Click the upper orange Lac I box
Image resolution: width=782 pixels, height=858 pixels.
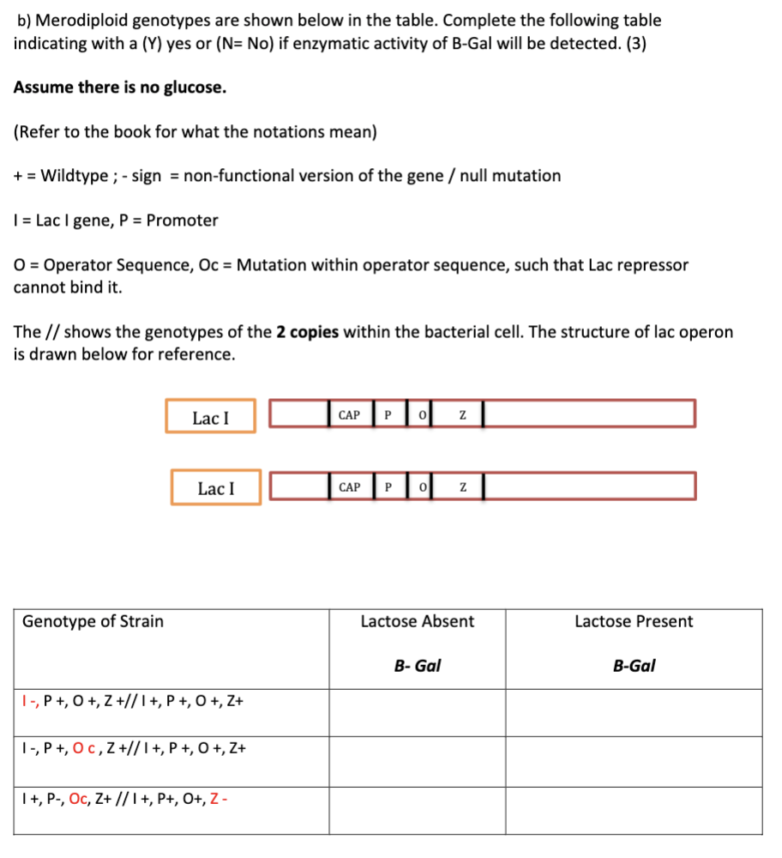[211, 417]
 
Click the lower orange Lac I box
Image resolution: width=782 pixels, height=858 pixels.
[215, 488]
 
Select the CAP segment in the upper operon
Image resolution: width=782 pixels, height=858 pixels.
[349, 415]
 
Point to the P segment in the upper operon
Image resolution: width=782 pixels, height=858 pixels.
[387, 415]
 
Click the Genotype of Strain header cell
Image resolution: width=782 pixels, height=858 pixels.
[93, 622]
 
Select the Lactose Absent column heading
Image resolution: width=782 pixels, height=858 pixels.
[417, 622]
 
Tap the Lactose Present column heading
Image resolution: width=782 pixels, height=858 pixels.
[634, 622]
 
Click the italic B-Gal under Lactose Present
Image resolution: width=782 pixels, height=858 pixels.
[634, 666]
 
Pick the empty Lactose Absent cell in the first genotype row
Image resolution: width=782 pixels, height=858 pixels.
[417, 712]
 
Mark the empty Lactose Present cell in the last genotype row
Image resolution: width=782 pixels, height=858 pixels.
[634, 811]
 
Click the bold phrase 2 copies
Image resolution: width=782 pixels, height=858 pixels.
[307, 332]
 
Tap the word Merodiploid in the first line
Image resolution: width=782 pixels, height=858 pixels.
[76, 20]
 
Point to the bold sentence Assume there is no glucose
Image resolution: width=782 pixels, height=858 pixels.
[120, 88]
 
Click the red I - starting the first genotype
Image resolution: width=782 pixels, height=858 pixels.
[29, 702]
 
